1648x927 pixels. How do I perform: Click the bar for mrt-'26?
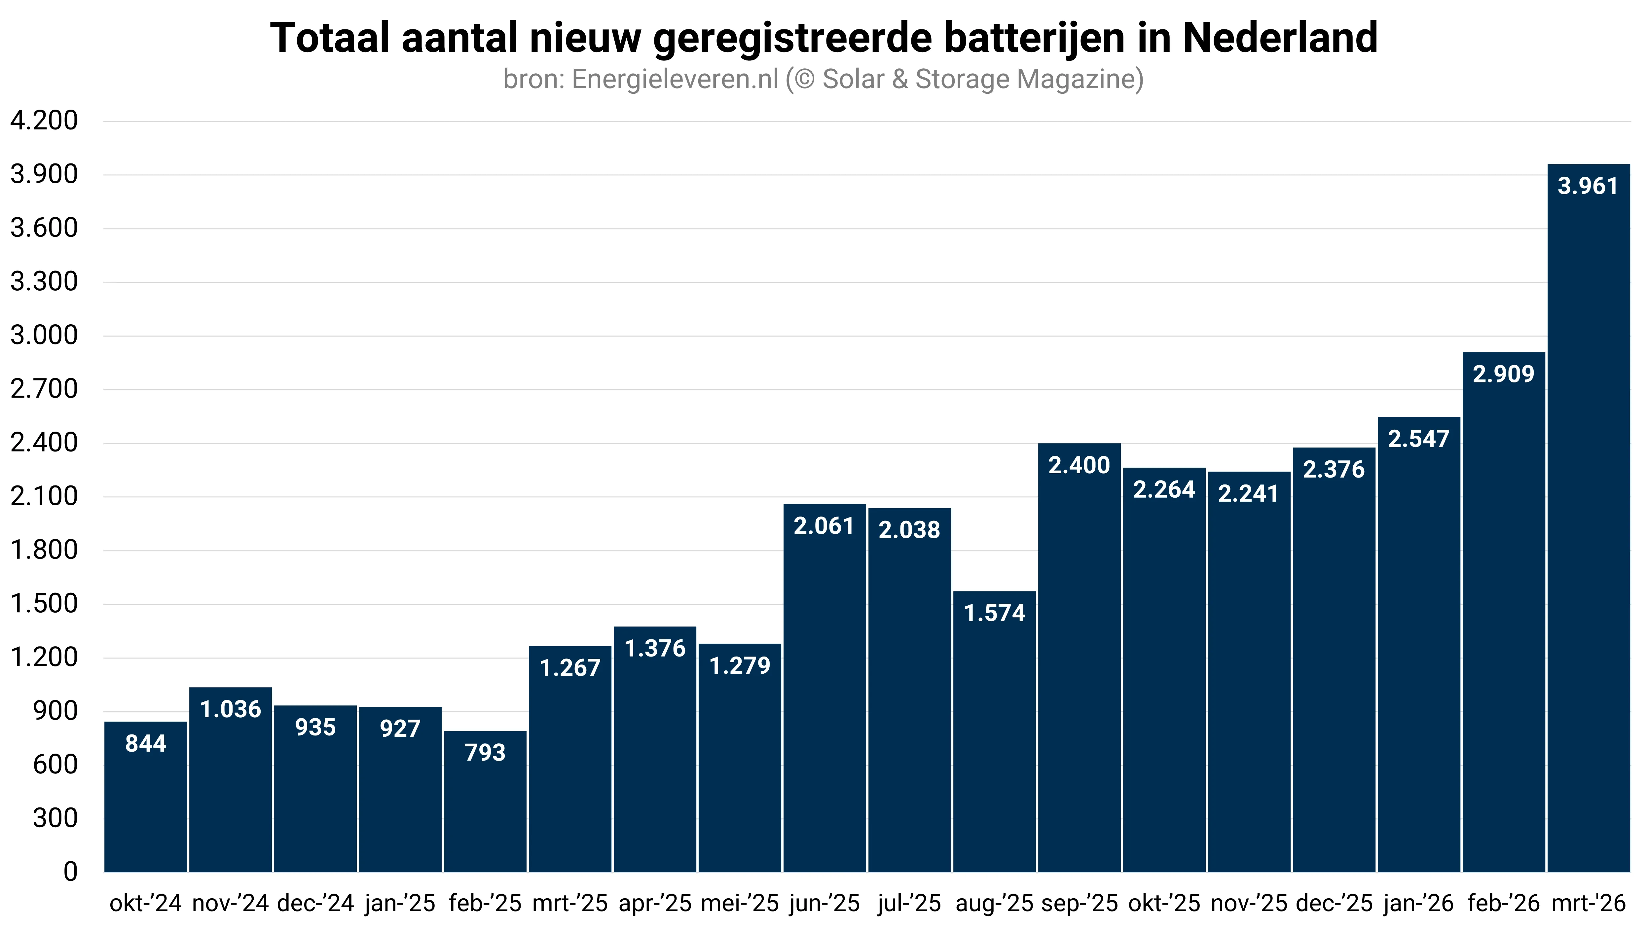tap(1588, 518)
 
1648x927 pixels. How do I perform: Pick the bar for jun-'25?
tap(824, 688)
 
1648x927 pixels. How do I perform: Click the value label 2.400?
tap(1079, 465)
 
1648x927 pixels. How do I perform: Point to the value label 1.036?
tap(230, 709)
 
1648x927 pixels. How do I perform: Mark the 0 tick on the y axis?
tap(70, 871)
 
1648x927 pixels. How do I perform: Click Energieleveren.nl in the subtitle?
tap(675, 79)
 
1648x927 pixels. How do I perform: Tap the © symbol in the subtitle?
tap(804, 79)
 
